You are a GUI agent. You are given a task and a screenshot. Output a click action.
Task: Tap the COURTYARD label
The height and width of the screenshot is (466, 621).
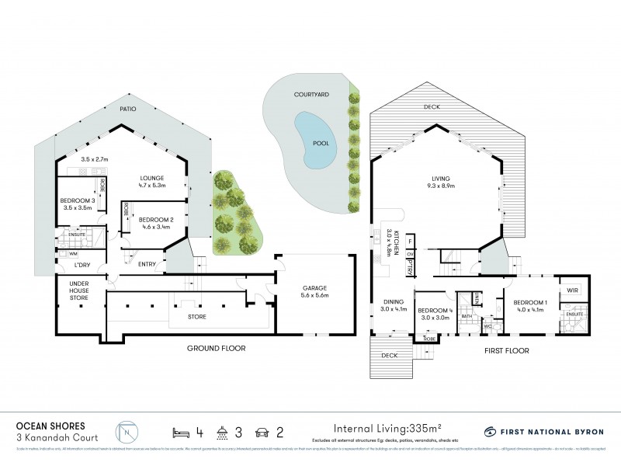(310, 93)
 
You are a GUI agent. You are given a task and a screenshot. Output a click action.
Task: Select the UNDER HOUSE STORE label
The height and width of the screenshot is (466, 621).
(80, 290)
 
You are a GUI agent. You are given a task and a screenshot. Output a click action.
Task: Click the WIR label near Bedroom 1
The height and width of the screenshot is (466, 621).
(572, 291)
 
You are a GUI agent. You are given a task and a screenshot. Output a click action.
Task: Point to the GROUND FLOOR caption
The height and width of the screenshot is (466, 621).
(216, 349)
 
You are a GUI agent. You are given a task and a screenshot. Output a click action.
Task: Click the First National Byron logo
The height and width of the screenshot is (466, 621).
(544, 430)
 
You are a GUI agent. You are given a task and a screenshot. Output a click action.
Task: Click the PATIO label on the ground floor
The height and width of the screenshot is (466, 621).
(128, 110)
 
